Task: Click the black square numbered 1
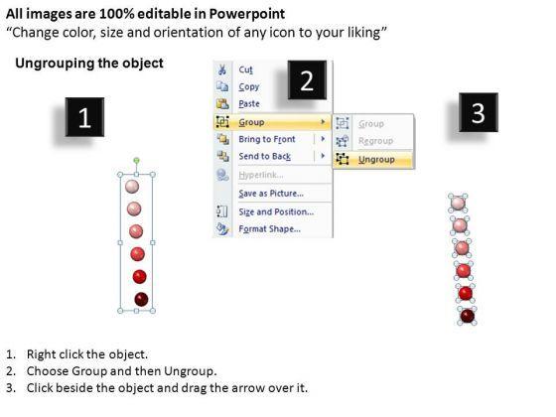pos(84,117)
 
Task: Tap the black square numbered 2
pos(307,80)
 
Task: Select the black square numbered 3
pos(479,112)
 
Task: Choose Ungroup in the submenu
pos(376,160)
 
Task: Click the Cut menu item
pos(246,69)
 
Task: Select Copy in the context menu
pos(249,87)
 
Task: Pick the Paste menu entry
pos(249,104)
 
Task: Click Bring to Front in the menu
pos(267,139)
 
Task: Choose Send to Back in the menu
pos(264,157)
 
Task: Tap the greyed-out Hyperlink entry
pos(260,175)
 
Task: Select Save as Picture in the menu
pos(271,194)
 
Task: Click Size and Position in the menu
pos(276,211)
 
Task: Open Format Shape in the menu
pos(269,229)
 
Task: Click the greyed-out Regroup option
pos(375,141)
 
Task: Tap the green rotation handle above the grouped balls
pos(137,161)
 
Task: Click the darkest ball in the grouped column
pos(141,299)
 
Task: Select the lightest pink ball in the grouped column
pos(132,187)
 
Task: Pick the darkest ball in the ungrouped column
pos(468,316)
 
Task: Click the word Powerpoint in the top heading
pos(247,14)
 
